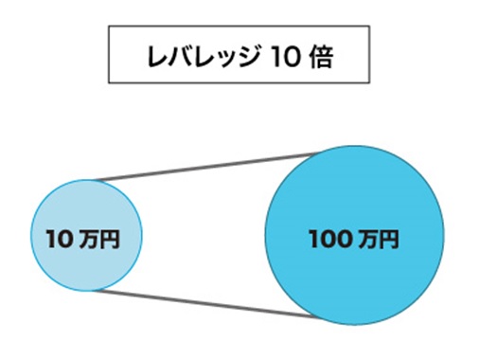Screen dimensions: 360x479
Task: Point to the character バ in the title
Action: (x=177, y=58)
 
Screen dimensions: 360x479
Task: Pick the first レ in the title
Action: (x=155, y=58)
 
